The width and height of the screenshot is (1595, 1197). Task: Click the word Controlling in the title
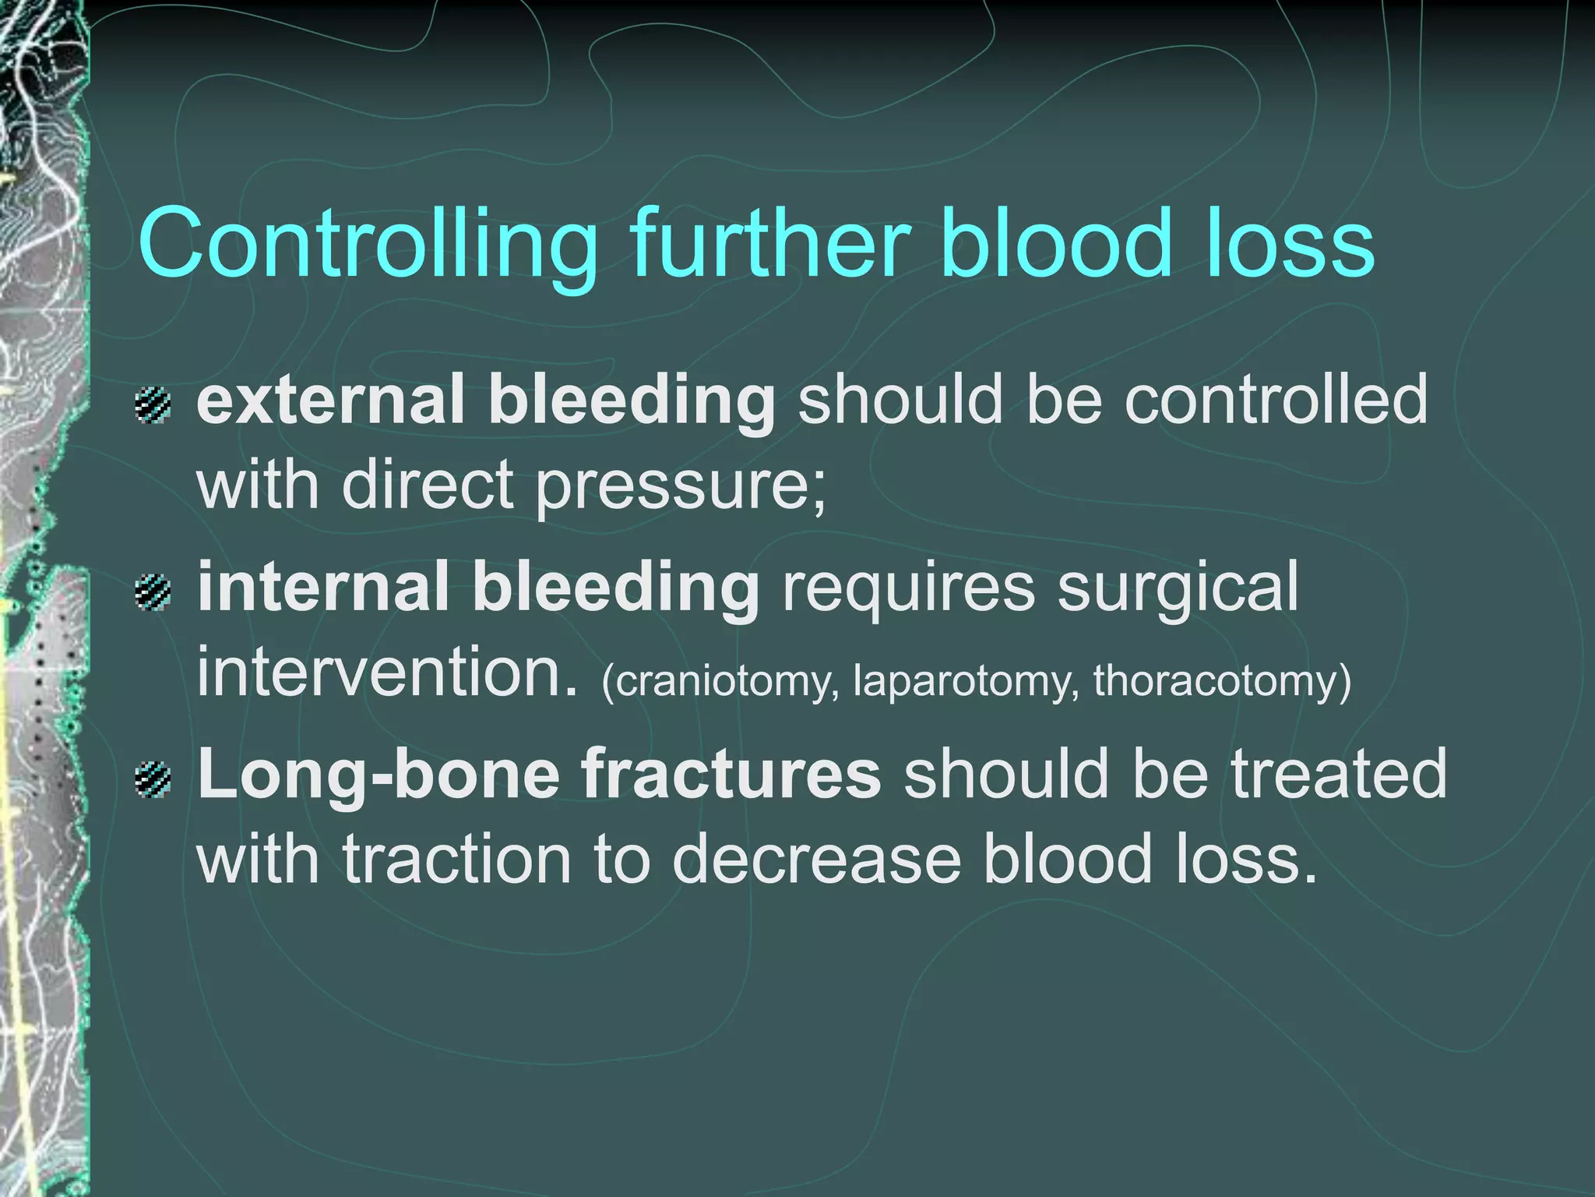click(367, 243)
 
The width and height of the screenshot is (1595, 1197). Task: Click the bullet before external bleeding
click(153, 405)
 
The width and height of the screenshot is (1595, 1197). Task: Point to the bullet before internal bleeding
click(153, 592)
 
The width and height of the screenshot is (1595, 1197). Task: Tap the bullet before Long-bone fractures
click(153, 780)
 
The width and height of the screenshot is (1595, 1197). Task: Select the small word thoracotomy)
click(1222, 681)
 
